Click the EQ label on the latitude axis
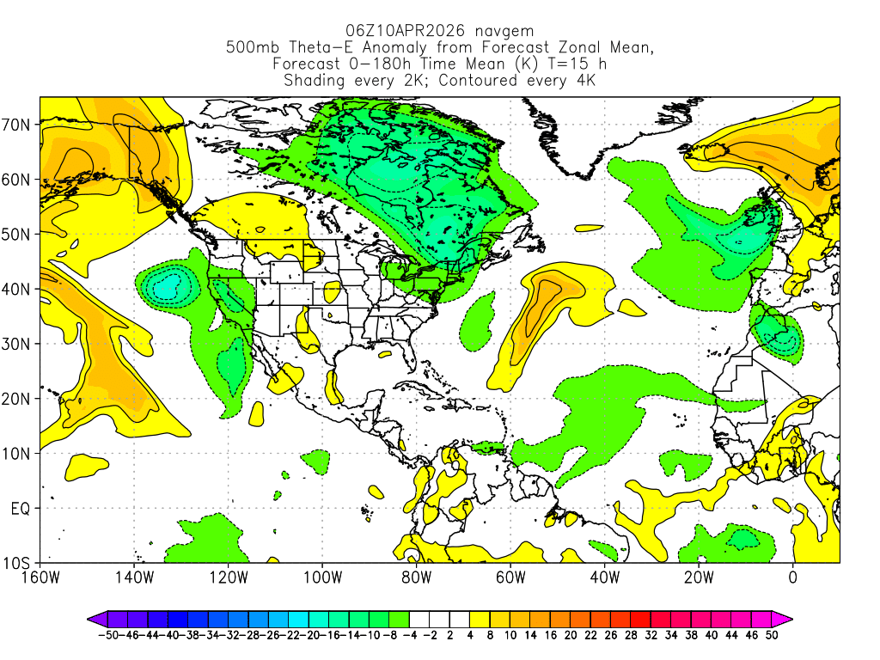coord(21,509)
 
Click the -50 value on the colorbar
coord(107,635)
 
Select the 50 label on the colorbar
coord(771,635)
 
